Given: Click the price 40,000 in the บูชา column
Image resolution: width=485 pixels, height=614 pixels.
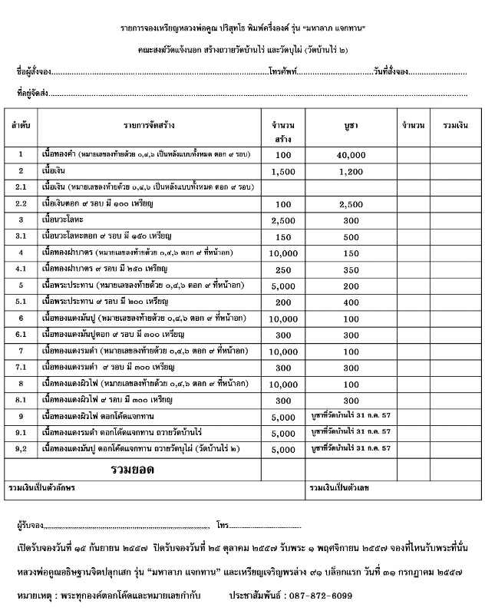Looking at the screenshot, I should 351,154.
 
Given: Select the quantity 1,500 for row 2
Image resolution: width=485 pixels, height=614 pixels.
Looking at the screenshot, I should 283,171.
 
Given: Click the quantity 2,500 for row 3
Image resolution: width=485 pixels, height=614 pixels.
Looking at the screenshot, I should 283,220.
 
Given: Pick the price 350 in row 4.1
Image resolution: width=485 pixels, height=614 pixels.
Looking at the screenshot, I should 351,269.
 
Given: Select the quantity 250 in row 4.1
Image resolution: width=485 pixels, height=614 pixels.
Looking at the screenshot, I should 283,269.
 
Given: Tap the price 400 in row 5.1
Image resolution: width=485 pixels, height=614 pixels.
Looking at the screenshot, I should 351,302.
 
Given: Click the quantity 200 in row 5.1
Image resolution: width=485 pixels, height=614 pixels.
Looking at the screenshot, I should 283,302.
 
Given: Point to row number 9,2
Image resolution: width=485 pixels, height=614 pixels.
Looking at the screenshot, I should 21,449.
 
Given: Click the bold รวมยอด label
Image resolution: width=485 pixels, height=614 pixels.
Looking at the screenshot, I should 133,468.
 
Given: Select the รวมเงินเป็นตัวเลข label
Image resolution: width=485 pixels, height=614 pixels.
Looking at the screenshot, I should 339,487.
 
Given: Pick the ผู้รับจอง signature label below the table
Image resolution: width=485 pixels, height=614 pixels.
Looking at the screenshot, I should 30,527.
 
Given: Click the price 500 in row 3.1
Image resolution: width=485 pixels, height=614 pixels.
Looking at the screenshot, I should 351,236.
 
